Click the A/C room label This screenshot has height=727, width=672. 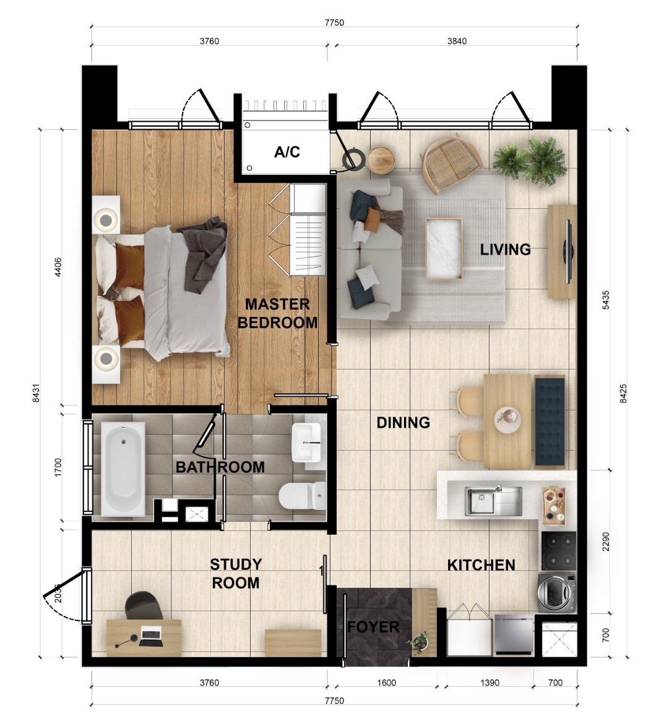coord(287,151)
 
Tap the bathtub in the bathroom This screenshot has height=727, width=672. coord(123,468)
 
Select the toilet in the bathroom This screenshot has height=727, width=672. coord(302,496)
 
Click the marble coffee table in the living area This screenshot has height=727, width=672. coord(444,249)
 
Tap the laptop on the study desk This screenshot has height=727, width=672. coord(151,636)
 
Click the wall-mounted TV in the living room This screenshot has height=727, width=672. coord(567,251)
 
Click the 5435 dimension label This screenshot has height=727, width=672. coord(606,300)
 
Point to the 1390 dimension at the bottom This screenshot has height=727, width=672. coord(489,682)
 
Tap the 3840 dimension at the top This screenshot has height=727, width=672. coord(457,41)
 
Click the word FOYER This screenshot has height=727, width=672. coord(373,627)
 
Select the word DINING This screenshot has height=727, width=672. coord(403,422)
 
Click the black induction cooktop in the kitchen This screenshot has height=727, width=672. coord(559,551)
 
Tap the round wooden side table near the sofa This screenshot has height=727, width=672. coord(381,160)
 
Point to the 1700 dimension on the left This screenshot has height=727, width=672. coord(58,467)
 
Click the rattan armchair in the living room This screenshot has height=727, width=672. coord(450,162)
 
